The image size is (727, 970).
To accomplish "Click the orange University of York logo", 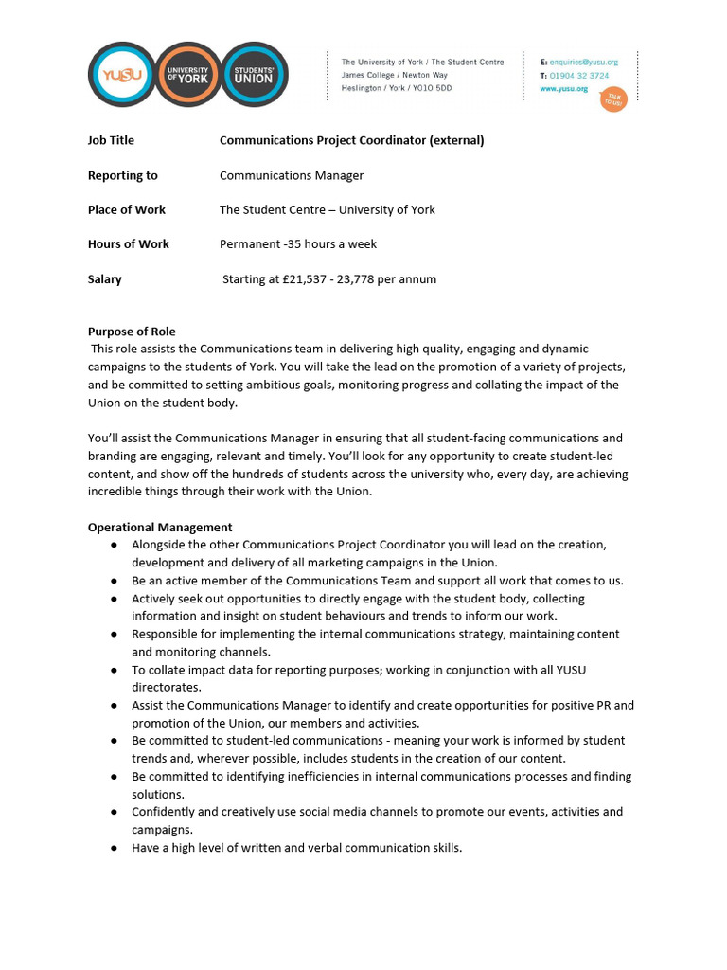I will (x=186, y=75).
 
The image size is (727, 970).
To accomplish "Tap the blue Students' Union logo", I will (x=253, y=75).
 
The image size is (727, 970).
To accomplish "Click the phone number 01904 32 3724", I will (x=579, y=76).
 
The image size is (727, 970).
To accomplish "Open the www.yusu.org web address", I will (x=564, y=89).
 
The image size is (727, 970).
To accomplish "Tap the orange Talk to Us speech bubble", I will (x=613, y=99).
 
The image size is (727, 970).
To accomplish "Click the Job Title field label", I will (x=111, y=140).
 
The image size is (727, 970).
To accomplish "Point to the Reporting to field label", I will (x=122, y=175).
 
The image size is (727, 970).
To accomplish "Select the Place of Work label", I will (x=126, y=209).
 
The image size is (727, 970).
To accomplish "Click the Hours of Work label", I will (x=128, y=243).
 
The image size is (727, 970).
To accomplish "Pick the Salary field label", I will (x=104, y=279).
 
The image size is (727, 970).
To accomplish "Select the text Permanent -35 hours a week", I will (x=297, y=243).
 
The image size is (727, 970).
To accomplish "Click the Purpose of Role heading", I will (x=132, y=332).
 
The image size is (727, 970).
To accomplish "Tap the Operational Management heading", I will (x=159, y=527).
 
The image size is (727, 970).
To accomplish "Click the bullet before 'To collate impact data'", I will (x=114, y=671).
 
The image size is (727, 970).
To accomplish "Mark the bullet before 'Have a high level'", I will (x=114, y=848).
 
